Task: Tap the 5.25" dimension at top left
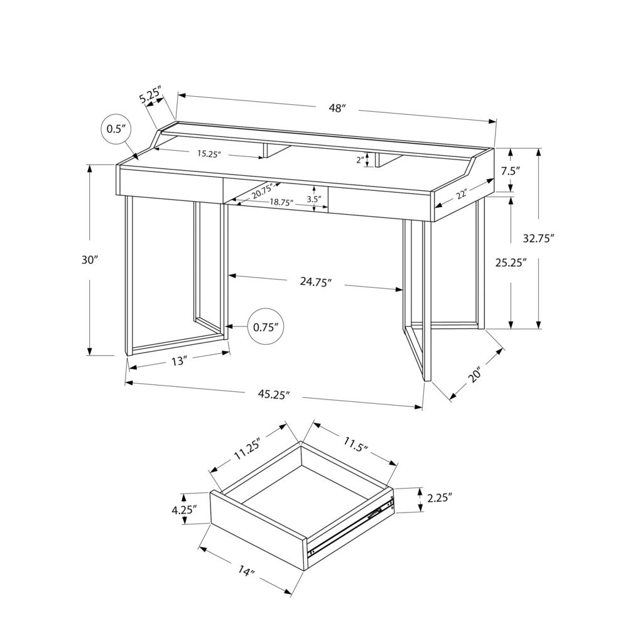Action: (x=151, y=97)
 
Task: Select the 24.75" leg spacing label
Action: (x=315, y=282)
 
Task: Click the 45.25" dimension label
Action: (x=274, y=395)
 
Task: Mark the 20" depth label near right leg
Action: (x=474, y=374)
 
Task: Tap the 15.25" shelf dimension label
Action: (x=209, y=153)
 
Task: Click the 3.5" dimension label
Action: (x=313, y=199)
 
